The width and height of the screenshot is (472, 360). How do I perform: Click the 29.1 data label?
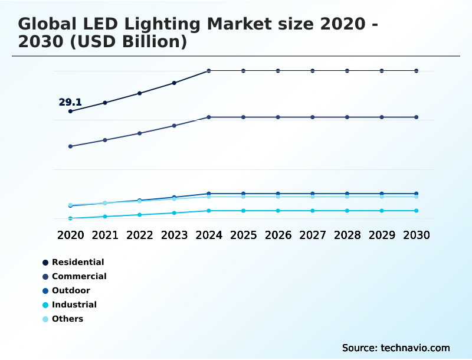point(70,102)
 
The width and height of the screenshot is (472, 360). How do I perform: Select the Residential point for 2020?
point(70,111)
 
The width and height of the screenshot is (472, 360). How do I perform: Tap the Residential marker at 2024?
point(209,71)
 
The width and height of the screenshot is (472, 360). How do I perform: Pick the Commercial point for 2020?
point(70,146)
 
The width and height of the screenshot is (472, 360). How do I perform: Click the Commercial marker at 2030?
point(417,117)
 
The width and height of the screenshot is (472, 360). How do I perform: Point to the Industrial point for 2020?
point(70,218)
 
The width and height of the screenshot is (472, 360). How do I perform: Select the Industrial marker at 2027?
point(313,211)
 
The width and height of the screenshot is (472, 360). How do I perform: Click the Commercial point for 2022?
point(140,133)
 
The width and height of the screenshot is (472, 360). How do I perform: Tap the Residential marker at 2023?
point(174,83)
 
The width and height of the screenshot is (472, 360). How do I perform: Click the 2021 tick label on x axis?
point(105,235)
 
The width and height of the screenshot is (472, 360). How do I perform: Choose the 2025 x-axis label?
point(244,235)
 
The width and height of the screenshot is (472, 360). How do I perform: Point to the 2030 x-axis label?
point(417,235)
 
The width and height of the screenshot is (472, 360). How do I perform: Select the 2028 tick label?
point(348,235)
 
